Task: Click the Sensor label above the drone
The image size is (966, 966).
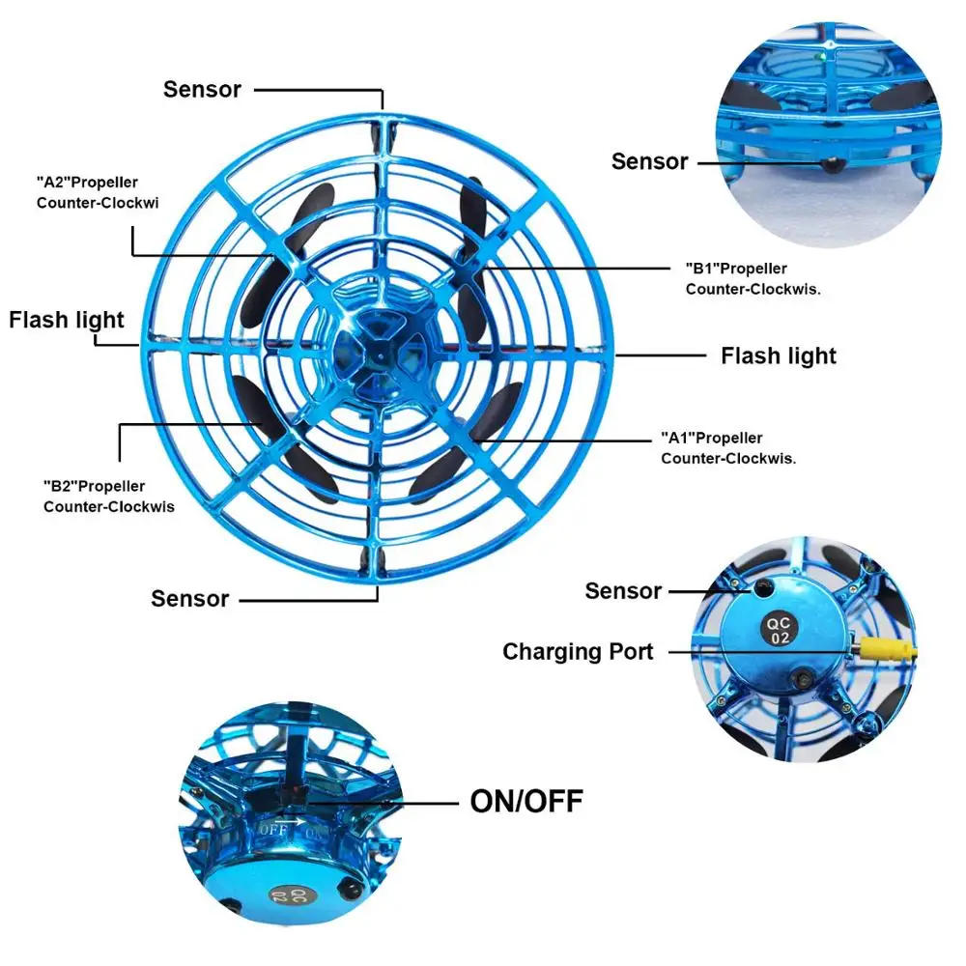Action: [x=202, y=89]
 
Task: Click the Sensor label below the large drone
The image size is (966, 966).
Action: [x=189, y=599]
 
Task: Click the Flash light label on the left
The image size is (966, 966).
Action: [x=67, y=320]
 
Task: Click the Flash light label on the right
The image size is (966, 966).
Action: [x=779, y=355]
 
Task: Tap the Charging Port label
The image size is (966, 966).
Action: [x=578, y=652]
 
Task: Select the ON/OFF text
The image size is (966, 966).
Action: [x=526, y=801]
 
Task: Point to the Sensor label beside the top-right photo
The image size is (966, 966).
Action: [x=649, y=161]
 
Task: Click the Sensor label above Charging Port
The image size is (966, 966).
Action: [x=623, y=590]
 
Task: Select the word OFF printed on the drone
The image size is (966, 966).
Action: [x=272, y=828]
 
